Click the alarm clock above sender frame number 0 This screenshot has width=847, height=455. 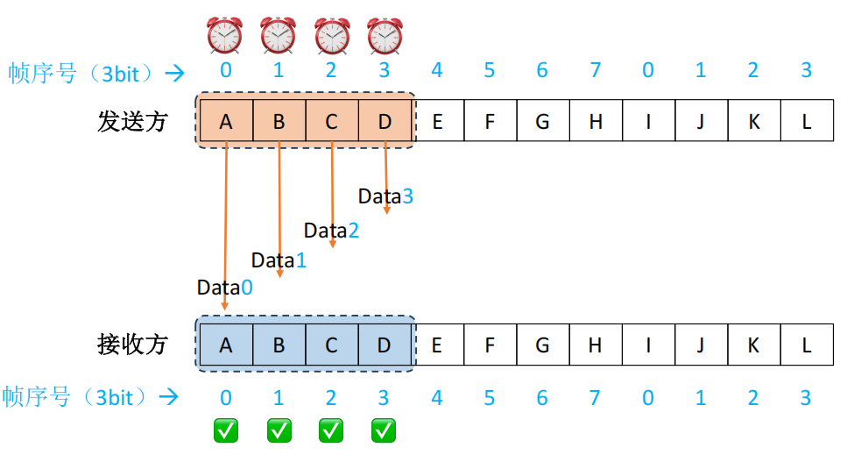tap(225, 36)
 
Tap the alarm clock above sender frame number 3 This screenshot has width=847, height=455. tap(384, 36)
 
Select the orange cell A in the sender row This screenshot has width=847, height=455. tap(226, 122)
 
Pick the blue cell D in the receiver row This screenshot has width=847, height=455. tap(384, 345)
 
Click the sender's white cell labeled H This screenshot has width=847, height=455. tap(596, 122)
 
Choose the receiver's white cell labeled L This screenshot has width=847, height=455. tap(806, 345)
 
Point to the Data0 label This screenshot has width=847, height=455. tap(224, 288)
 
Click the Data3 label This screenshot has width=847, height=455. tap(385, 196)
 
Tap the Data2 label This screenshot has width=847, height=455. tap(331, 231)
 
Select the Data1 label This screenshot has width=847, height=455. tap(279, 260)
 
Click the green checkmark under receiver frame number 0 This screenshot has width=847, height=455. tap(226, 430)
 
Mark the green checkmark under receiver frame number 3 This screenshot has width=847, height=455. tap(384, 430)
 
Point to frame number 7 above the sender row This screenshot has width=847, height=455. tap(596, 70)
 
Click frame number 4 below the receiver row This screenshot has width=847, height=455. tap(436, 398)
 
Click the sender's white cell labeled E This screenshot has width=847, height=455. tap(437, 122)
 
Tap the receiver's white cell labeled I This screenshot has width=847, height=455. tap(648, 345)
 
